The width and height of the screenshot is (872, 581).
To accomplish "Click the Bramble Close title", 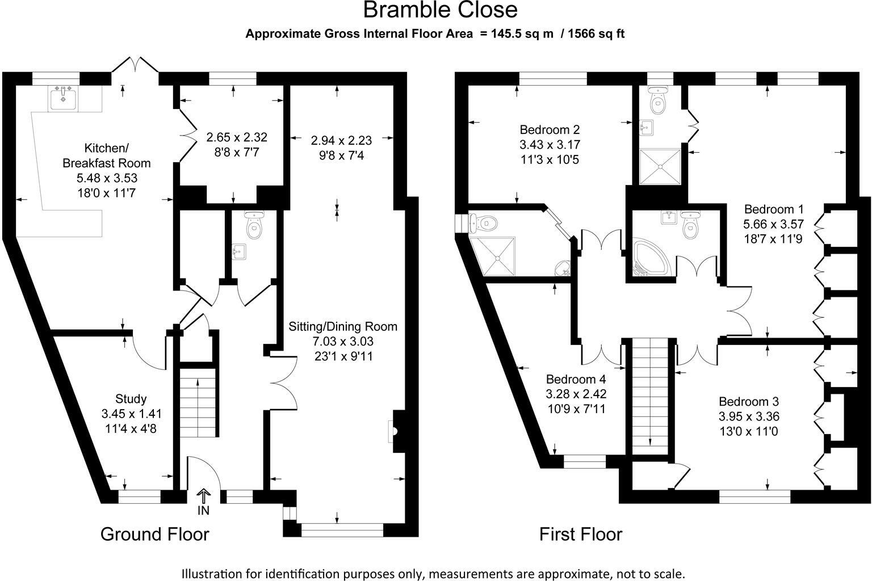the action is pyautogui.click(x=441, y=10).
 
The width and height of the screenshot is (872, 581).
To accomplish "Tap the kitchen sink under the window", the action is pyautogui.click(x=63, y=98).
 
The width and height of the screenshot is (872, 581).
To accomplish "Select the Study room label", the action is pyautogui.click(x=131, y=398).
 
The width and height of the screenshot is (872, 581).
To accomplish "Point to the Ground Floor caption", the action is pyautogui.click(x=155, y=534).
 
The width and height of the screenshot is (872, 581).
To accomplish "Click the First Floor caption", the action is pyautogui.click(x=581, y=534).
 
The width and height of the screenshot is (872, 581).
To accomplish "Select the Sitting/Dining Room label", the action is pyautogui.click(x=343, y=326).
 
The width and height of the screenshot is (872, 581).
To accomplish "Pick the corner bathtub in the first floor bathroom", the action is pyautogui.click(x=650, y=257).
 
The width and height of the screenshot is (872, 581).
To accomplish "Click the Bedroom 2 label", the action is pyautogui.click(x=550, y=129).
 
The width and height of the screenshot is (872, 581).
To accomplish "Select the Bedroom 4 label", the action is pyautogui.click(x=576, y=379).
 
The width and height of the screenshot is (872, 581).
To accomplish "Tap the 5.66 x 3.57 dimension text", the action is pyautogui.click(x=773, y=224).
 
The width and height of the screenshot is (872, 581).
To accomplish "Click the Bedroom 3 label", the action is pyautogui.click(x=749, y=401).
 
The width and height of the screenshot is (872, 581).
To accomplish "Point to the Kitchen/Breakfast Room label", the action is pyautogui.click(x=107, y=155).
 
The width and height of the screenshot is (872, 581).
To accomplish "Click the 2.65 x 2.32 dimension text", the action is pyautogui.click(x=237, y=137).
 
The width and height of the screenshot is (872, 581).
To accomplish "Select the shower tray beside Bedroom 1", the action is pyautogui.click(x=660, y=167).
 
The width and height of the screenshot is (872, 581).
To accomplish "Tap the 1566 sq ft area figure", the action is pyautogui.click(x=596, y=34).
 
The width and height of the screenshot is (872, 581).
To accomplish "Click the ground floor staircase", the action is pyautogui.click(x=198, y=402).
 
